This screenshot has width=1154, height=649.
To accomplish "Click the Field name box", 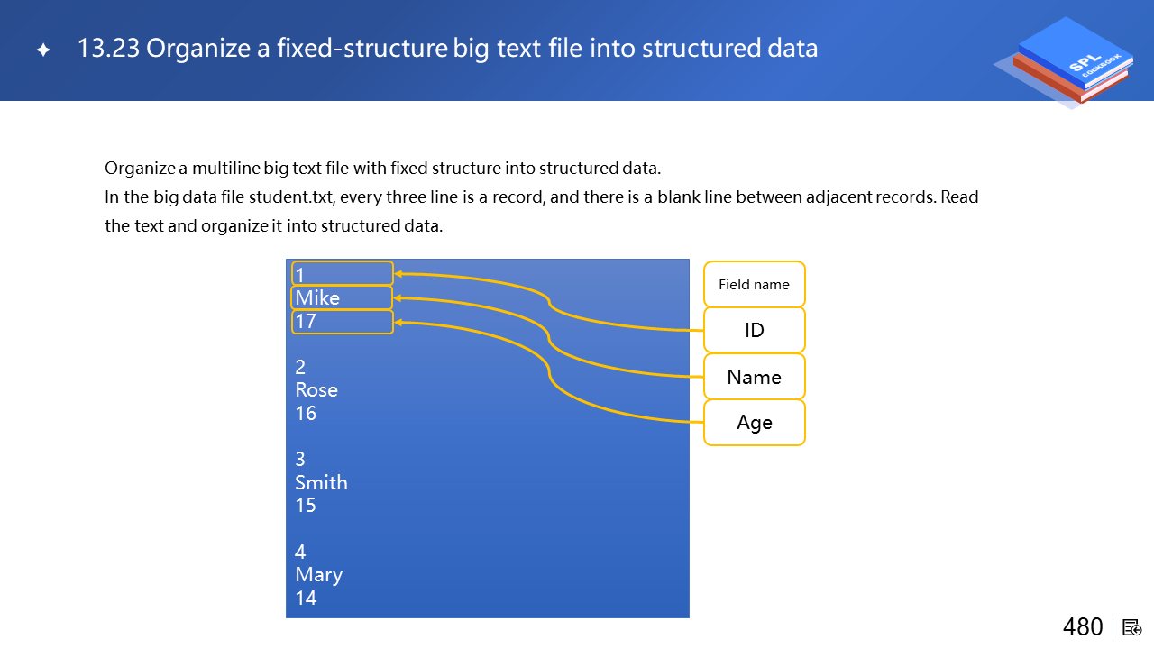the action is coord(755,284).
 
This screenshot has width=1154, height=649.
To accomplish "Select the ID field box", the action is coord(755,330).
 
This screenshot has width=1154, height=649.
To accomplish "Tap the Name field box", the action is coord(755,377).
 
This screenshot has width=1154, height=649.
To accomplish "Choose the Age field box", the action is coord(755,423).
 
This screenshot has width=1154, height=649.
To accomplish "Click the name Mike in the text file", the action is coord(317,297).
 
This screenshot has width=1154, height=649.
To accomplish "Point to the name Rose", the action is coord(316,390).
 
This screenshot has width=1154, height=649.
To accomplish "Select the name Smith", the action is coord(321,482).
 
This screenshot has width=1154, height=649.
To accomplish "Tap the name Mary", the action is coord(318,575).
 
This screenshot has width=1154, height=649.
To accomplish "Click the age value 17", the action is coord(306,322).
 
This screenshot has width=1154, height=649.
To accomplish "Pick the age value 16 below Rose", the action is coord(306,413).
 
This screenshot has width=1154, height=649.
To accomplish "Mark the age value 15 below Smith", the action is coord(306,506).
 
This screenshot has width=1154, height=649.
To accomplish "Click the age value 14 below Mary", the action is coord(306,598).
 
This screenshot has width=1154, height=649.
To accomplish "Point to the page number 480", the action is coord(1083,627).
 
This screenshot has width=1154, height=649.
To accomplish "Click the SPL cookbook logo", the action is coord(1067,60).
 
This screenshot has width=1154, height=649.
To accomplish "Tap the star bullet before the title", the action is coord(43,50).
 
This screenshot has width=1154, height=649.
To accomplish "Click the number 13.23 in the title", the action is coord(108,48).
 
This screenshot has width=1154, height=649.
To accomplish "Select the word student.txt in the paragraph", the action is coord(291,197).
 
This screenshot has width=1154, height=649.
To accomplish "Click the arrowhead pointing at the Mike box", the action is coord(398,298).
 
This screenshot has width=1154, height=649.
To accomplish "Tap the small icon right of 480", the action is coord(1131,628).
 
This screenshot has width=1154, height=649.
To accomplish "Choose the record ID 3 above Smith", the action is coord(300,459).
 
